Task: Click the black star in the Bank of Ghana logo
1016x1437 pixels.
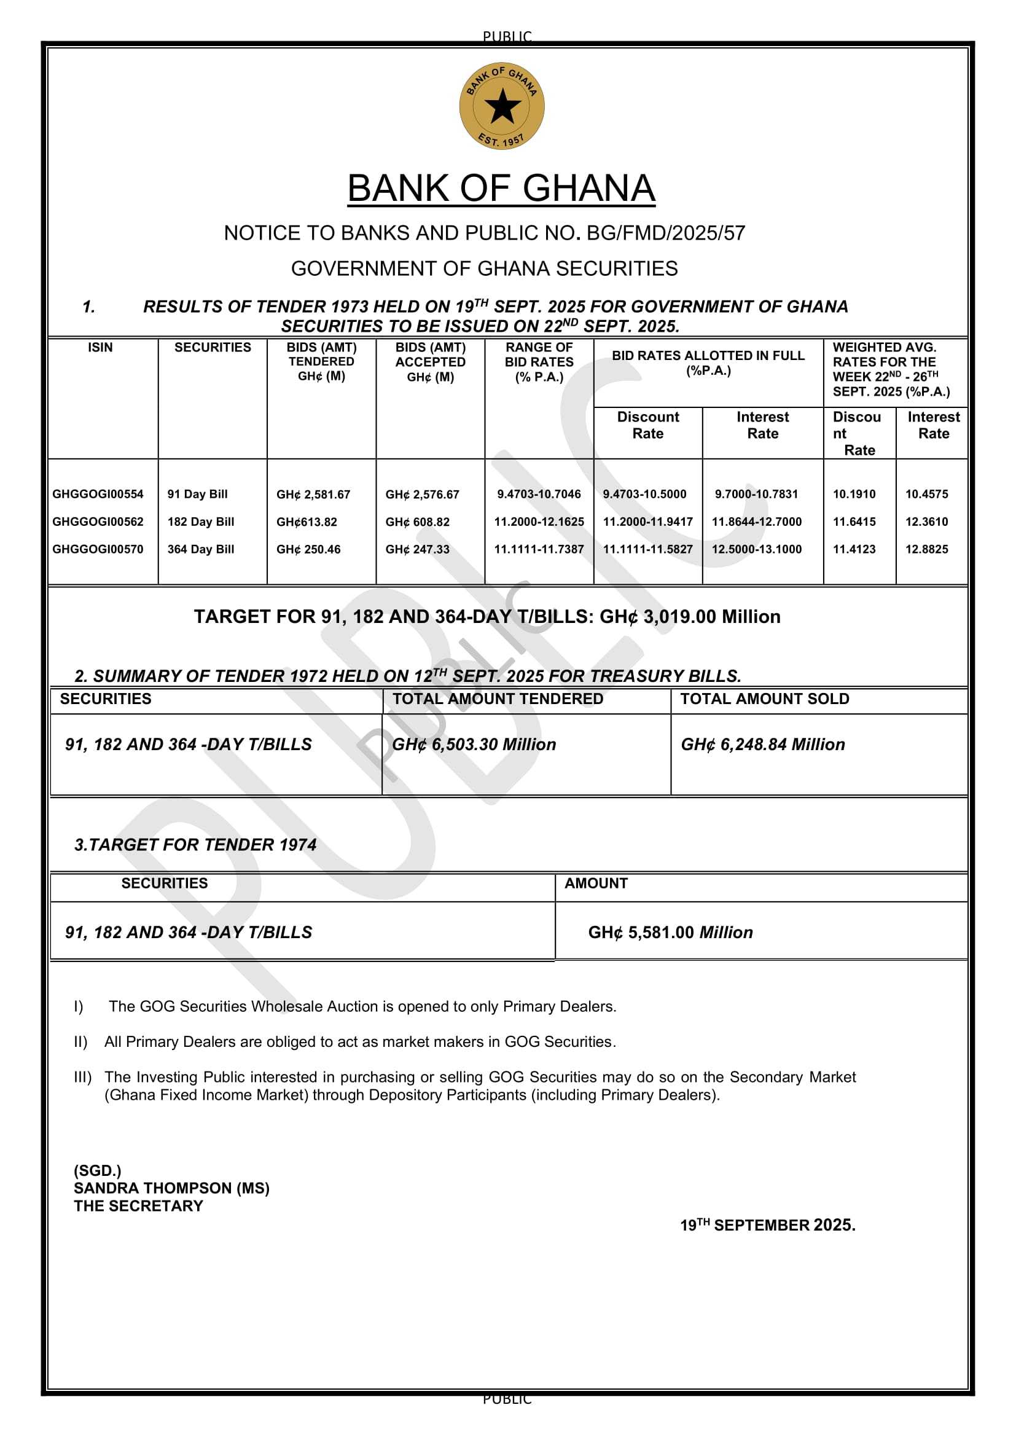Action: (502, 106)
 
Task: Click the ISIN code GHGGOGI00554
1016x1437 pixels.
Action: (98, 494)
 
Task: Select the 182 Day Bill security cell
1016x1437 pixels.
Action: (201, 522)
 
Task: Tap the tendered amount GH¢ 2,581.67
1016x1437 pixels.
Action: (313, 495)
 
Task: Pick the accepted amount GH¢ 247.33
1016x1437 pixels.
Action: (417, 549)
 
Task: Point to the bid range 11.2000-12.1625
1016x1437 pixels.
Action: (539, 522)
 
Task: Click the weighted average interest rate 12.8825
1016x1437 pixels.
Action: (926, 549)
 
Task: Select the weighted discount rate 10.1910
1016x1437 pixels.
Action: (854, 494)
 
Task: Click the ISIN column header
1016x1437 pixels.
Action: (100, 347)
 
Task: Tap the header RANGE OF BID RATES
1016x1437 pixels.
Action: (539, 362)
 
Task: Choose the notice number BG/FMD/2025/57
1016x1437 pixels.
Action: (666, 233)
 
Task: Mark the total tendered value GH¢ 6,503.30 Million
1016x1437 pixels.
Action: (474, 744)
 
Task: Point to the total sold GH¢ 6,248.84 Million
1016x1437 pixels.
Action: (763, 744)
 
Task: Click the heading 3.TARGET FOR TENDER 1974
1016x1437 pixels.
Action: (195, 844)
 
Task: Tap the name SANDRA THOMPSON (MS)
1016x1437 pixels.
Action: (171, 1188)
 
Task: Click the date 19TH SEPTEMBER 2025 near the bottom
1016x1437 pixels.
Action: (768, 1225)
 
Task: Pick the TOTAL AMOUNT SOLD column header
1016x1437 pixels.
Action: (765, 699)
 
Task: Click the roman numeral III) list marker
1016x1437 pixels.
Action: (82, 1077)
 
